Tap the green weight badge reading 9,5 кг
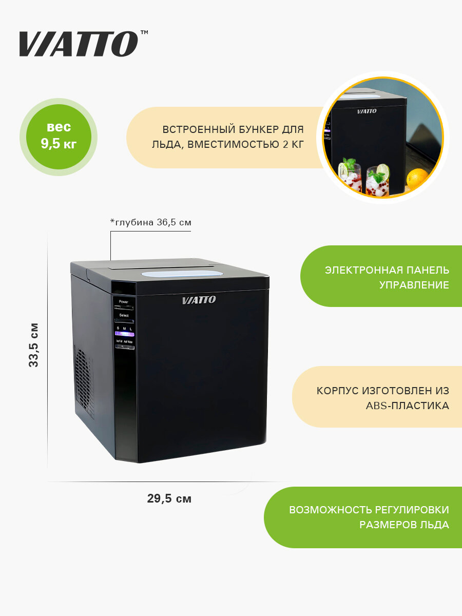pyautogui.click(x=59, y=136)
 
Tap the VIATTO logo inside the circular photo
pyautogui.click(x=367, y=111)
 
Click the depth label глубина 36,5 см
pyautogui.click(x=151, y=222)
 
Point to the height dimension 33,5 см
pyautogui.click(x=34, y=344)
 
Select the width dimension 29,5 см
pyautogui.click(x=169, y=498)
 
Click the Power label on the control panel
pyautogui.click(x=124, y=302)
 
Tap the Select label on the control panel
pyautogui.click(x=124, y=315)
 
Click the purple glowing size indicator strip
pyautogui.click(x=125, y=334)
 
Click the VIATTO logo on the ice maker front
pyautogui.click(x=199, y=300)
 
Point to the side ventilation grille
pyautogui.click(x=85, y=382)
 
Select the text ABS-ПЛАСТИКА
pyautogui.click(x=407, y=406)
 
